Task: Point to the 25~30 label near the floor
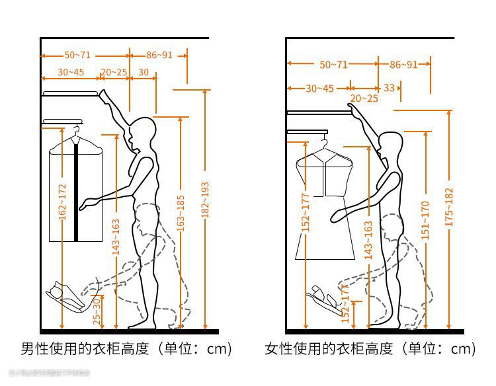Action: pyautogui.click(x=97, y=311)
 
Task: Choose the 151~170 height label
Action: pyautogui.click(x=425, y=219)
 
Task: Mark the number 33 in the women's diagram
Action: pyautogui.click(x=389, y=87)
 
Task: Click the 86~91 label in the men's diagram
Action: pyautogui.click(x=159, y=55)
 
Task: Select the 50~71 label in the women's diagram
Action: pyautogui.click(x=333, y=64)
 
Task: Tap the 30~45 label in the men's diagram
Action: pyautogui.click(x=71, y=72)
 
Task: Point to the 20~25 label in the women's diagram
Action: pyautogui.click(x=364, y=98)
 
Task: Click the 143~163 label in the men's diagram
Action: pyautogui.click(x=116, y=237)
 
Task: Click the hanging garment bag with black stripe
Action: pyautogui.click(x=77, y=191)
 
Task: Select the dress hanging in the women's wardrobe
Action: pyautogui.click(x=325, y=205)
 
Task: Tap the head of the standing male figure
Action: pyautogui.click(x=141, y=133)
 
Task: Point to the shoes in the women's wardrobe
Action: pyautogui.click(x=324, y=300)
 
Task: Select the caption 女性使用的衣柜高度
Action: pyautogui.click(x=370, y=348)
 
